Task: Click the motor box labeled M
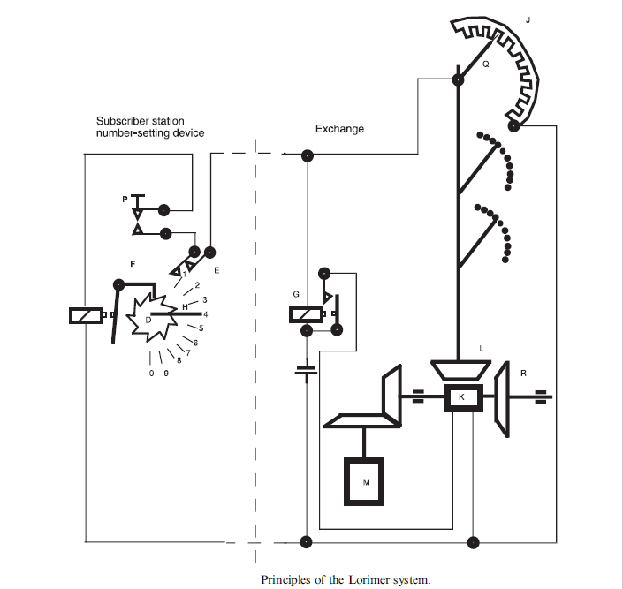click(x=364, y=481)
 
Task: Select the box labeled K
click(x=460, y=398)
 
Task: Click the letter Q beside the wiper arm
click(x=484, y=64)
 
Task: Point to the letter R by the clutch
click(x=523, y=374)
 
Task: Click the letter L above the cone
click(x=481, y=350)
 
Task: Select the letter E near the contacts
click(x=217, y=269)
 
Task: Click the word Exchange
click(x=339, y=129)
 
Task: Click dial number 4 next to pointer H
click(x=205, y=314)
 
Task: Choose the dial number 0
click(x=153, y=374)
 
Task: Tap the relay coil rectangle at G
click(x=306, y=314)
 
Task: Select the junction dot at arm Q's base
click(x=459, y=80)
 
